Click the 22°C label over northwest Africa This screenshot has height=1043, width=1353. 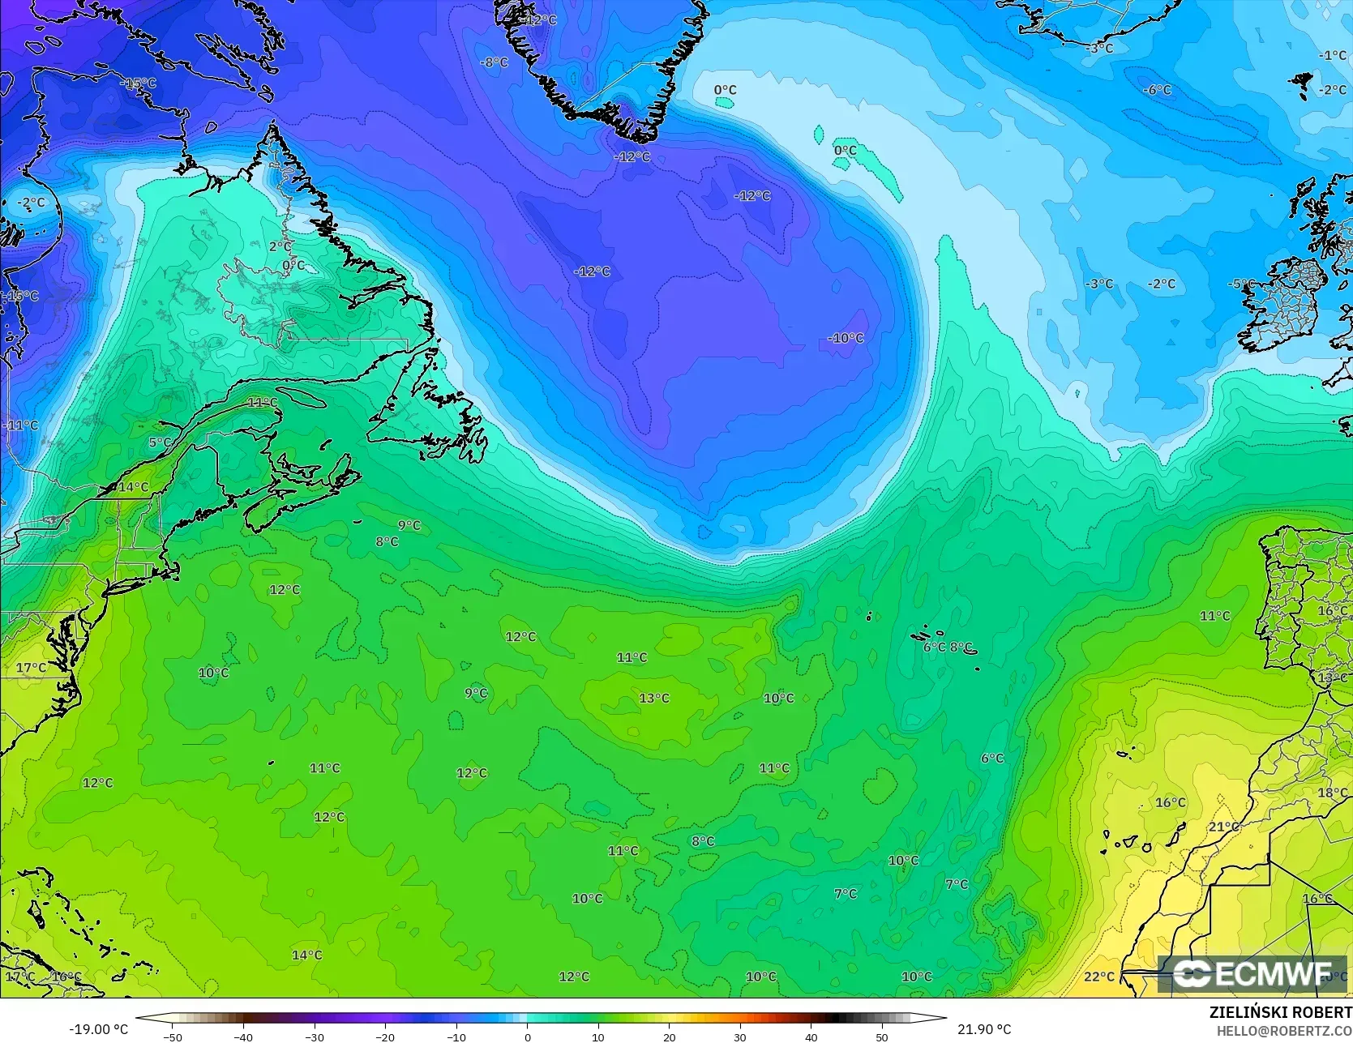(1099, 977)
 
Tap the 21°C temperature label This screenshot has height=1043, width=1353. (1224, 827)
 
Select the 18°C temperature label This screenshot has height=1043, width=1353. (1333, 793)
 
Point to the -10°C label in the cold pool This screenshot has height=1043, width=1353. (846, 338)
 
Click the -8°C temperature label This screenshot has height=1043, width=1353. (495, 62)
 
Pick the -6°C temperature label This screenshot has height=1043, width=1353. (1158, 90)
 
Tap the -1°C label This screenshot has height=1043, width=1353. (1333, 55)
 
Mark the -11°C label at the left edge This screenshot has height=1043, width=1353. (20, 425)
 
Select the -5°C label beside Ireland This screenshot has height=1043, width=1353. (1241, 284)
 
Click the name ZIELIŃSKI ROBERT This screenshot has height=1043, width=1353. (1280, 1012)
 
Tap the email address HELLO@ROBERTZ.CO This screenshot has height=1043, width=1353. (1284, 1029)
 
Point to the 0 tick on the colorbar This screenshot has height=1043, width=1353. (527, 1037)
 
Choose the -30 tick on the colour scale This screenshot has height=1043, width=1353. (315, 1037)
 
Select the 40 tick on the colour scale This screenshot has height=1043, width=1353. (811, 1037)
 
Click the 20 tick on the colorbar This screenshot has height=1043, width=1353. (669, 1037)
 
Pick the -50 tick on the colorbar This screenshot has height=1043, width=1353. (172, 1037)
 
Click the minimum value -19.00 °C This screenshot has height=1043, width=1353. (98, 1029)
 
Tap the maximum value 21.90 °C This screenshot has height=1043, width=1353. (984, 1029)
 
